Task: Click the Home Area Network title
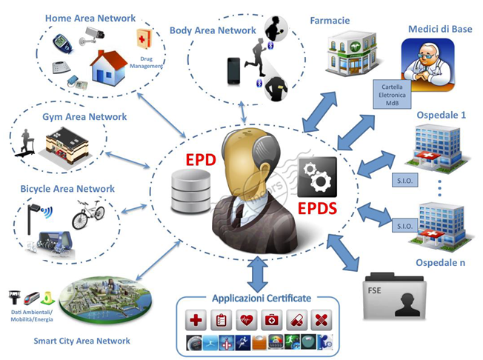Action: click(90, 18)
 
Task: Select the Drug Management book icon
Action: click(143, 40)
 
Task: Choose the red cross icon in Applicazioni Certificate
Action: click(197, 321)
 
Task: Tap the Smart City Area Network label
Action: click(81, 341)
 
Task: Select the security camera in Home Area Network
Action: click(95, 36)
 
